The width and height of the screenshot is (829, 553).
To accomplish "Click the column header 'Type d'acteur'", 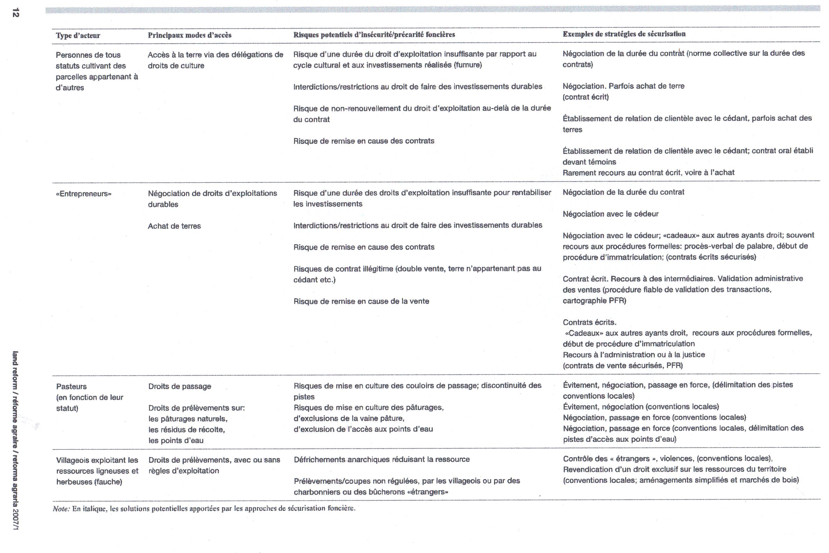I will (x=78, y=35).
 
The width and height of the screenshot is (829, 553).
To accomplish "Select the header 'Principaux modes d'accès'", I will (x=190, y=35).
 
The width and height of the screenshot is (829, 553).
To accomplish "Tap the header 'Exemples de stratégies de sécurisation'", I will (x=624, y=34).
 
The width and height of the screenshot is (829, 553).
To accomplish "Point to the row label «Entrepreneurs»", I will (x=84, y=194).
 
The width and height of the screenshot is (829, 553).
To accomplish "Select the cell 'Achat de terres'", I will (x=174, y=226).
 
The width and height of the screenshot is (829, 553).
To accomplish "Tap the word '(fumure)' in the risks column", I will (x=468, y=65).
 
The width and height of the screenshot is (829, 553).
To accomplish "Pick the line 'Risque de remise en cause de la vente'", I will (x=361, y=301).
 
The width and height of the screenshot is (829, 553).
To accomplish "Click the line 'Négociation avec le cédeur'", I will (x=610, y=214).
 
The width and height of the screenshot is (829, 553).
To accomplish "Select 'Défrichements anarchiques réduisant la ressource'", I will (x=382, y=459).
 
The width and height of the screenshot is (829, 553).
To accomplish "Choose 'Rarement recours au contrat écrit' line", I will (x=648, y=173).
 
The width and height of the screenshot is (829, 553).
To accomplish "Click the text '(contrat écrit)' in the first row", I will (x=585, y=97).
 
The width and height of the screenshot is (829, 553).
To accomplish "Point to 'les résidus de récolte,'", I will (x=186, y=430).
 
